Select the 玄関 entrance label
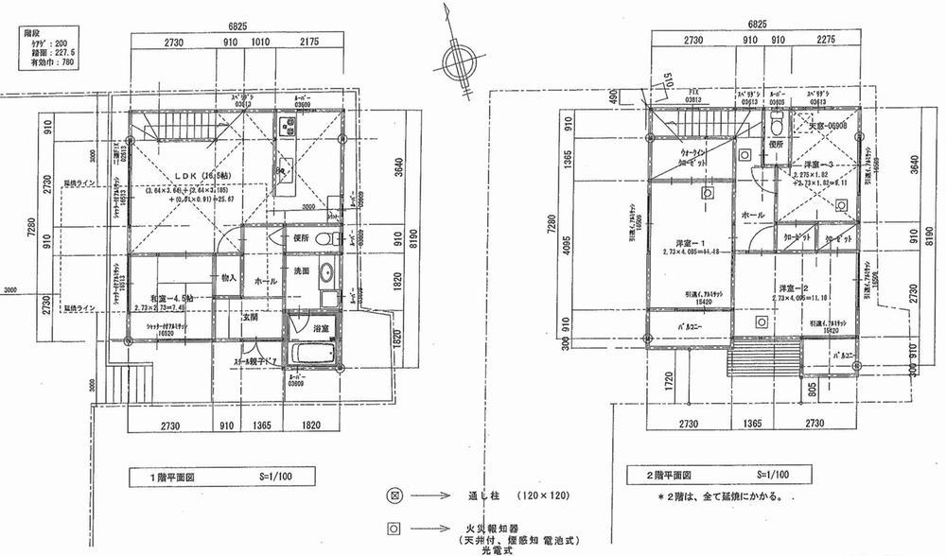251,318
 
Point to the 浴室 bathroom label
320,328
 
